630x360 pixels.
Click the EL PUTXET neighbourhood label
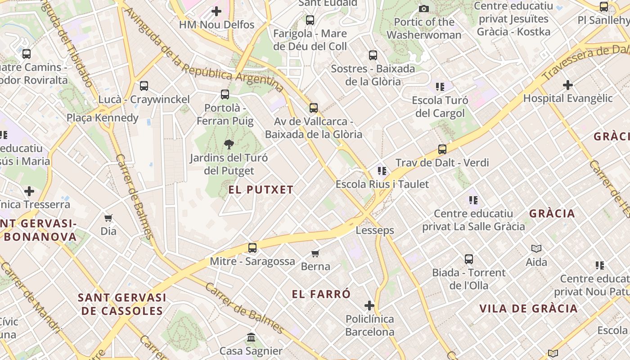tap(261, 190)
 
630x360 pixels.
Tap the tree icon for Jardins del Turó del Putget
tap(229, 144)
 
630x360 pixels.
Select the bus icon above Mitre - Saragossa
tap(252, 248)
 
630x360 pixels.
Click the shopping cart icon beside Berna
tap(315, 253)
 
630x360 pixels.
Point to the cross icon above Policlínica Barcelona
tap(369, 306)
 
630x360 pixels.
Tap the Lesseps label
tap(375, 230)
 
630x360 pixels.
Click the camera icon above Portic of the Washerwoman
tap(423, 9)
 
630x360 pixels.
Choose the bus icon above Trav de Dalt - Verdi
tap(442, 149)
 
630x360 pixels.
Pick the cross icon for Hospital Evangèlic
tap(568, 85)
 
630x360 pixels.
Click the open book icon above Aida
tap(536, 248)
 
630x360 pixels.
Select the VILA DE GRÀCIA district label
tap(528, 309)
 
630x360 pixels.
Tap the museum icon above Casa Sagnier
tap(251, 337)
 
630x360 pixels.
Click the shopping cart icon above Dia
tap(108, 218)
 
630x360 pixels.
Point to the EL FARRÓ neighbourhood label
tap(321, 295)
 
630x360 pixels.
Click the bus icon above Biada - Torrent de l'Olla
tap(469, 259)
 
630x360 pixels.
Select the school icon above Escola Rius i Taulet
tap(382, 171)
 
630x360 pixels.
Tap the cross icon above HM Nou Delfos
tap(216, 11)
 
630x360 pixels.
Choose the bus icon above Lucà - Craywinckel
tap(144, 86)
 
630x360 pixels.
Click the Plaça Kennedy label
tap(103, 118)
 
